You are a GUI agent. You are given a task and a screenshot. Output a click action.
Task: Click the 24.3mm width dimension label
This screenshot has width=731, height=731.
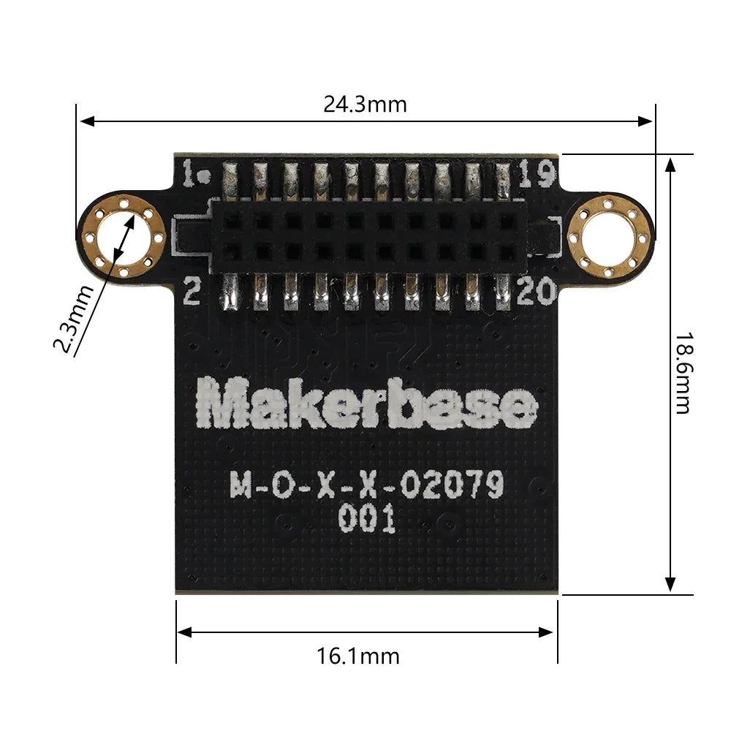pyautogui.click(x=365, y=104)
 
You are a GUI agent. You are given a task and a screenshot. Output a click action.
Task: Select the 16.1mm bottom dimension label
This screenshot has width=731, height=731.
pyautogui.click(x=358, y=655)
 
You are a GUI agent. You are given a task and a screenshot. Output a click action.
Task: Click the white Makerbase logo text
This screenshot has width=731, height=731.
pyautogui.click(x=368, y=405)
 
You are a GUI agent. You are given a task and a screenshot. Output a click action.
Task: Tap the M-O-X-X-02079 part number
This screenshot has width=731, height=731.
pyautogui.click(x=368, y=485)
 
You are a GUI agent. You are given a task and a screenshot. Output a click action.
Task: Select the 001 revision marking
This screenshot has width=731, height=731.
pyautogui.click(x=367, y=520)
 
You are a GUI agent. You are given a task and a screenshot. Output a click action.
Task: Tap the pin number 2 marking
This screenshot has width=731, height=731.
pyautogui.click(x=192, y=292)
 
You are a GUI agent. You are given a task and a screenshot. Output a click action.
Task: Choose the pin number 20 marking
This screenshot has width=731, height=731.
pyautogui.click(x=537, y=293)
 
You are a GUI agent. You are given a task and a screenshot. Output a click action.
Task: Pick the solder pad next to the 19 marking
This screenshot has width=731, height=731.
pyautogui.click(x=503, y=180)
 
